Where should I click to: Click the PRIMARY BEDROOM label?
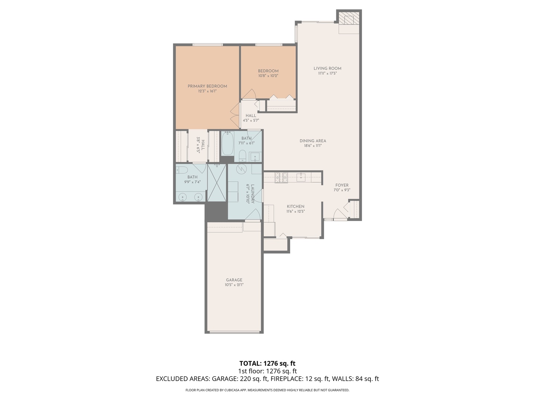pos(207,86)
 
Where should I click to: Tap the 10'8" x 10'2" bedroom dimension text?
pos(268,76)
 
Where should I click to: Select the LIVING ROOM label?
pos(327,68)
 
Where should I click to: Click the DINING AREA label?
pos(313,141)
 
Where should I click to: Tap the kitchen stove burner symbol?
pos(281,177)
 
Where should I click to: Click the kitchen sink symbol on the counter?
pos(301,177)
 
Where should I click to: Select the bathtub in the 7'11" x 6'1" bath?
pos(227,144)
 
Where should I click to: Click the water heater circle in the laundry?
pos(241,169)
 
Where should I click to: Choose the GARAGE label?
pos(234,280)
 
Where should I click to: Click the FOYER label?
pos(342,185)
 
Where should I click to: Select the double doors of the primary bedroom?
pos(235,116)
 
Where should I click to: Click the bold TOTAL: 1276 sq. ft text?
pos(267,363)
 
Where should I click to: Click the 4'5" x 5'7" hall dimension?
pos(251,120)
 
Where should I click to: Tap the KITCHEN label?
pos(295,206)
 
